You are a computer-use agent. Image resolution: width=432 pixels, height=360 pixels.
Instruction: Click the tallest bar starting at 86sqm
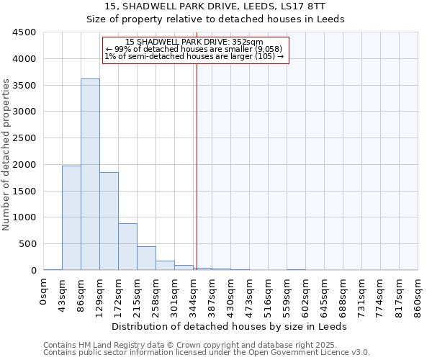click(90, 174)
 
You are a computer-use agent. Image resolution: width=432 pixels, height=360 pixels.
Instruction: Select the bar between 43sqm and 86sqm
click(71, 217)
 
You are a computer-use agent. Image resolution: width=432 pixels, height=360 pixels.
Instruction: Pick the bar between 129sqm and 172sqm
click(109, 221)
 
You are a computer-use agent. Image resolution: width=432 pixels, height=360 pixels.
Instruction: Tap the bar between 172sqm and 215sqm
click(127, 246)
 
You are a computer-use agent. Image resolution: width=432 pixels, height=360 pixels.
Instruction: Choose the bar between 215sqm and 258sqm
click(146, 258)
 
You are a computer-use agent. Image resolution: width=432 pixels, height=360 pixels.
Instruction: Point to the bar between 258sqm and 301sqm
click(165, 265)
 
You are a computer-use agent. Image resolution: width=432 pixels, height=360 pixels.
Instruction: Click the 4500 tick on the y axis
click(24, 32)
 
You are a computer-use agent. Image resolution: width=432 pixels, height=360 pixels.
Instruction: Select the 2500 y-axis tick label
click(24, 138)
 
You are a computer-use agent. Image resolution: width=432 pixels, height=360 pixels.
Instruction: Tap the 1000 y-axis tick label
click(24, 217)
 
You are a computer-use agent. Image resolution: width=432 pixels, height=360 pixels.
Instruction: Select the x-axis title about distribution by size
click(230, 326)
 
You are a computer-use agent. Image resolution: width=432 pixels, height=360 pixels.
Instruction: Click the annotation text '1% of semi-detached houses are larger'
click(194, 56)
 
